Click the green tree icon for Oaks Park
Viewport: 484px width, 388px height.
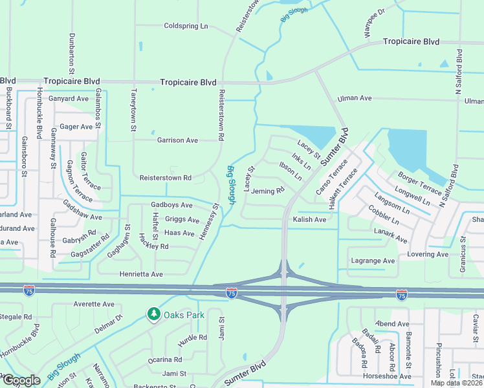pyautogui.click(x=153, y=314)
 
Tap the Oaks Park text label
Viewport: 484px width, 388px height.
pyautogui.click(x=184, y=315)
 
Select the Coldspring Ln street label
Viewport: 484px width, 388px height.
pyautogui.click(x=186, y=26)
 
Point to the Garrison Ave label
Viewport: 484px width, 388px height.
pyautogui.click(x=177, y=140)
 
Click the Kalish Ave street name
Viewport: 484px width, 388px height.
pyautogui.click(x=309, y=220)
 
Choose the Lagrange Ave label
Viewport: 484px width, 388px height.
pyautogui.click(x=372, y=261)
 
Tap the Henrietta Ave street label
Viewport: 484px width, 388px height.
pyautogui.click(x=141, y=274)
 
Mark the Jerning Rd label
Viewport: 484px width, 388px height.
pyautogui.click(x=268, y=191)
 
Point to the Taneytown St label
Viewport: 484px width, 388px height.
pyautogui.click(x=133, y=111)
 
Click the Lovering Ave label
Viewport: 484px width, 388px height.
pyautogui.click(x=428, y=254)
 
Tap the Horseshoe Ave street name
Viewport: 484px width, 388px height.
pyautogui.click(x=387, y=376)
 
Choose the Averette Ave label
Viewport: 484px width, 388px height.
pyautogui.click(x=94, y=304)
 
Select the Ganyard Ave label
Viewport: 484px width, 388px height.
pyautogui.click(x=69, y=99)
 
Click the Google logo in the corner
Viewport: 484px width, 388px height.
pyautogui.click(x=21, y=380)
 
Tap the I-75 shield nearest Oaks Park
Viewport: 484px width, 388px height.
pyautogui.click(x=231, y=294)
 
